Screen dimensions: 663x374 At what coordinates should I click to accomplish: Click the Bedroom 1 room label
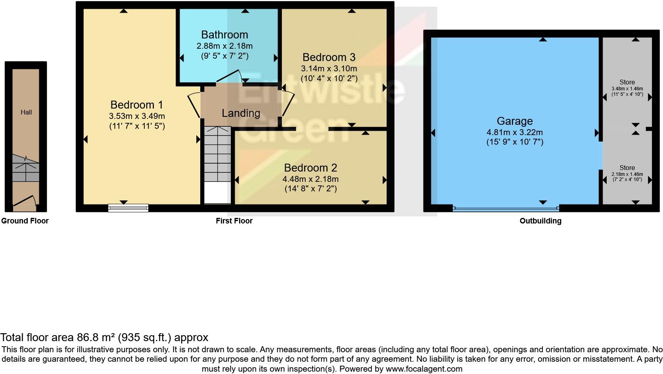(x=137, y=105)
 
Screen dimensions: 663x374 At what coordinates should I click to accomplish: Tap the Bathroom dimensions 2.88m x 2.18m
(x=225, y=46)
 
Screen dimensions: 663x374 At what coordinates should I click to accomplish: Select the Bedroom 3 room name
(x=329, y=57)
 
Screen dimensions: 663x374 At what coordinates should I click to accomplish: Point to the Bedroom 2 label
(x=310, y=168)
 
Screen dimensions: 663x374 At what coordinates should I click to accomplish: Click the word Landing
(x=241, y=113)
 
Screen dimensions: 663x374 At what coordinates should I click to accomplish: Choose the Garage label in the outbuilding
(x=515, y=121)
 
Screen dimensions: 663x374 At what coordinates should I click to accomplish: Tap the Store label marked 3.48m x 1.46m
(x=627, y=82)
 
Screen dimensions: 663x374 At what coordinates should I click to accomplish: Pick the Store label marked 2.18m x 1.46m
(x=627, y=168)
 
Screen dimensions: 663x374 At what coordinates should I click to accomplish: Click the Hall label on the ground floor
(x=26, y=113)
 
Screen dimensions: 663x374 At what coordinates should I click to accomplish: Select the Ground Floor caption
(x=25, y=221)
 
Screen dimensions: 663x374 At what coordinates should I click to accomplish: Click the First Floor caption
(x=234, y=221)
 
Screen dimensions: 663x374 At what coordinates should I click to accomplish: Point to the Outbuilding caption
(x=540, y=221)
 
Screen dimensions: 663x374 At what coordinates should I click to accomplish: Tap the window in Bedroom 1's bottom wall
(x=128, y=208)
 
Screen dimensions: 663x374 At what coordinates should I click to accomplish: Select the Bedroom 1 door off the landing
(x=195, y=105)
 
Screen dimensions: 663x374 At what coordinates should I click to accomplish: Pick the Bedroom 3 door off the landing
(x=288, y=103)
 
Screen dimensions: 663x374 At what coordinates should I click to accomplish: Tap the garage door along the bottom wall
(x=506, y=208)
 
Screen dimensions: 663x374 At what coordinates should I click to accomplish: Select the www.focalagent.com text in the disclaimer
(x=424, y=369)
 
